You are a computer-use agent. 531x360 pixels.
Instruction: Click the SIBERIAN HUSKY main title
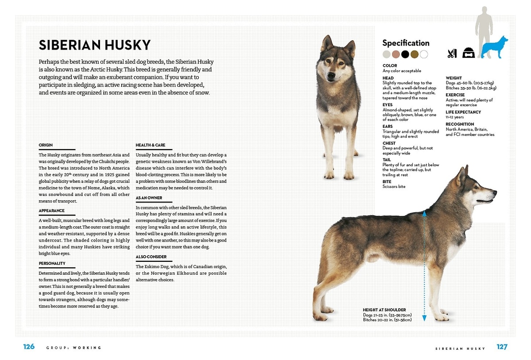pyautogui.click(x=95, y=45)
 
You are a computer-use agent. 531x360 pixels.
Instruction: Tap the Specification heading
pyautogui.click(x=406, y=43)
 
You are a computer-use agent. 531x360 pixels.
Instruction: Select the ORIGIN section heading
pyautogui.click(x=46, y=145)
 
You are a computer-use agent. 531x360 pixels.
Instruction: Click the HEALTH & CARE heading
pyautogui.click(x=150, y=145)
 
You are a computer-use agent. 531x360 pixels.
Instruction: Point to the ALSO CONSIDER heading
pyautogui.click(x=151, y=257)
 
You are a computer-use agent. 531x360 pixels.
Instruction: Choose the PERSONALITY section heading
pyautogui.click(x=52, y=264)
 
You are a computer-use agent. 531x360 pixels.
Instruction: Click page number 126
pyautogui.click(x=29, y=347)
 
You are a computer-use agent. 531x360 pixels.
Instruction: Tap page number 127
pyautogui.click(x=502, y=347)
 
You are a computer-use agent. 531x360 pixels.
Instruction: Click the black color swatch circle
pyautogui.click(x=405, y=54)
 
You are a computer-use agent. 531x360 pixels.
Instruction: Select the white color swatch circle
pyautogui.click(x=424, y=54)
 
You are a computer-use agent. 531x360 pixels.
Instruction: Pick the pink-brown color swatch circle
pyautogui.click(x=396, y=54)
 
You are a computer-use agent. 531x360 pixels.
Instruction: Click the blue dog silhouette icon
pyautogui.click(x=495, y=47)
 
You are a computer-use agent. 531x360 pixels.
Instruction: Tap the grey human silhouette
pyautogui.click(x=484, y=27)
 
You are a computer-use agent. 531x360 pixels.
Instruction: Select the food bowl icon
pyautogui.click(x=469, y=53)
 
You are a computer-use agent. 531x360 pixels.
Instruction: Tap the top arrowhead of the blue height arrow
pyautogui.click(x=424, y=213)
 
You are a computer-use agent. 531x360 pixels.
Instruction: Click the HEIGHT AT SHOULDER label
pyautogui.click(x=384, y=310)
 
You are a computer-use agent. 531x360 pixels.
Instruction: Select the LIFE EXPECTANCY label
pyautogui.click(x=463, y=112)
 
